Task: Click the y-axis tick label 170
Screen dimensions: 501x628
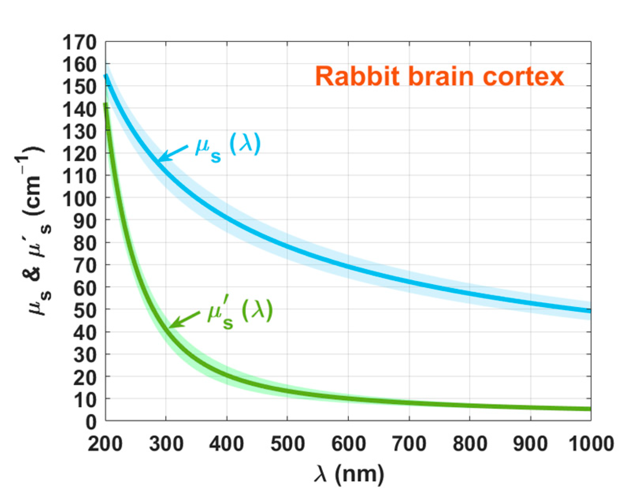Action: coord(79,42)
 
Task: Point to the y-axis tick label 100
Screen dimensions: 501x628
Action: coord(79,198)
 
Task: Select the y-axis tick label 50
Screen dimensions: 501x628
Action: coord(85,309)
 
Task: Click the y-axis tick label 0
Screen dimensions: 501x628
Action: coord(91,422)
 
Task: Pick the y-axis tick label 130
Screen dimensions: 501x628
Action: coord(79,131)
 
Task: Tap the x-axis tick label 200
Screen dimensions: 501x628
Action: coord(105,444)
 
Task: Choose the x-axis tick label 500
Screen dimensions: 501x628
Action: coord(287,444)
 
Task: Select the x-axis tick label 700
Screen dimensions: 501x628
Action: coord(409,444)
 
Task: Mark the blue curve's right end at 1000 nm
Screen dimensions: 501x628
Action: coord(590,311)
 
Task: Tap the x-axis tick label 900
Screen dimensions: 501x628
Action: coord(531,444)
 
